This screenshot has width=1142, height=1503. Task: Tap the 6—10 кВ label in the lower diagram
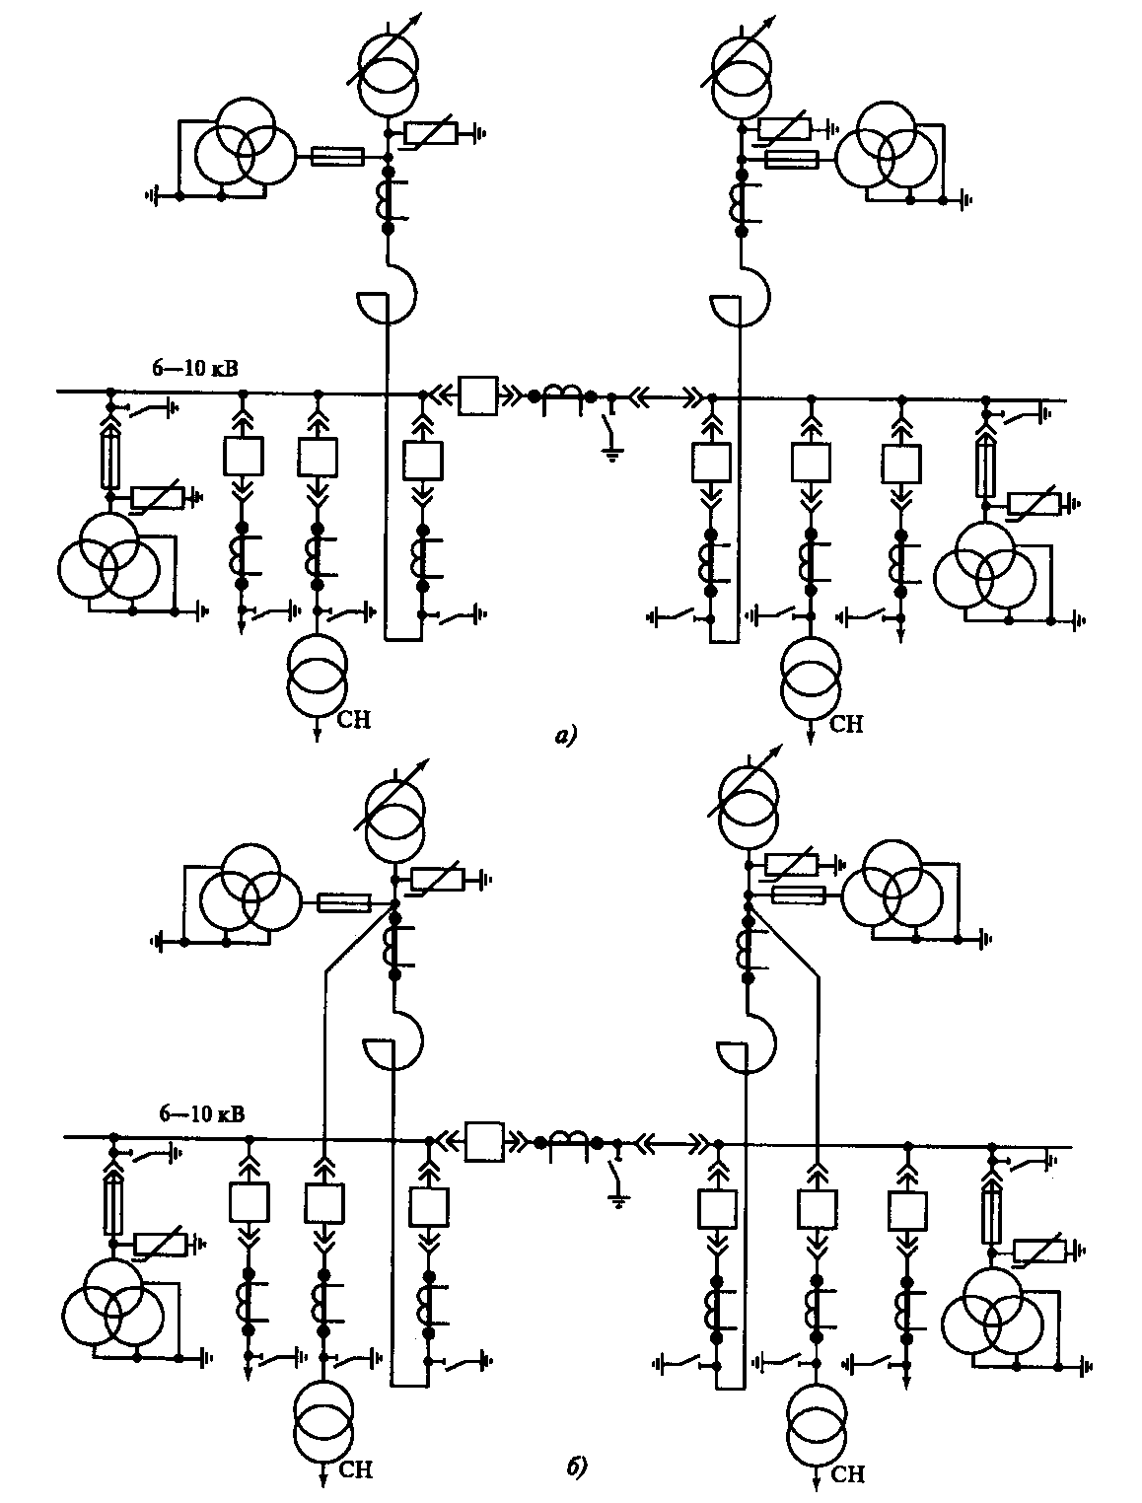202,1113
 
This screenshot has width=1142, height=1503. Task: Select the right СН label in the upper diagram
845,725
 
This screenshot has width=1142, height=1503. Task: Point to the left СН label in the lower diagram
355,1470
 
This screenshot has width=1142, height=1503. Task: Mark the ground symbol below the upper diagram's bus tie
612,455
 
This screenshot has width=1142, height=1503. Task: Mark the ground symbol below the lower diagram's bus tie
618,1201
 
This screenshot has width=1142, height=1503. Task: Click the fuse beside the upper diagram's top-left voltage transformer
337,156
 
